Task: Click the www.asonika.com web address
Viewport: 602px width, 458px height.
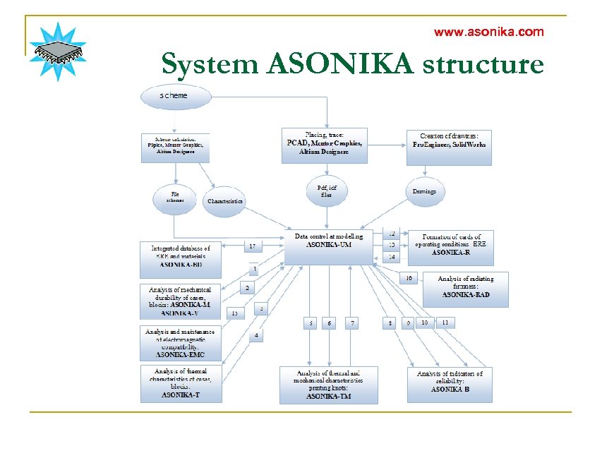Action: tap(488, 32)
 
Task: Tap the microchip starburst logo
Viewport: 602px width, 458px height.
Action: tap(58, 52)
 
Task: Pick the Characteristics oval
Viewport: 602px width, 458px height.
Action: tap(225, 201)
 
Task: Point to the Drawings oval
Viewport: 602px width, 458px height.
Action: tap(424, 191)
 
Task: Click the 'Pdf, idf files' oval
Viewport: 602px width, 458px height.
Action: tap(326, 191)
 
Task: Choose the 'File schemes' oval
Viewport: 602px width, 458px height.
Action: tap(174, 196)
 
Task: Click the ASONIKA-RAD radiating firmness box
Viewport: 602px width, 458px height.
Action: tap(465, 289)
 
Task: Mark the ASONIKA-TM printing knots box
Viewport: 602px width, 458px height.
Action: tap(328, 385)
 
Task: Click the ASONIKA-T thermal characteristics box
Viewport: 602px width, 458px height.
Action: tap(181, 383)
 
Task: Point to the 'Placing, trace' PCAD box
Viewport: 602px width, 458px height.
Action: tap(324, 145)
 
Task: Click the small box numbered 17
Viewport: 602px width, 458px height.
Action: tap(252, 246)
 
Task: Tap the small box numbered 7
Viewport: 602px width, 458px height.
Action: tap(352, 323)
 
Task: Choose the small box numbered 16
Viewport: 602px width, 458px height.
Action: tap(408, 278)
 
